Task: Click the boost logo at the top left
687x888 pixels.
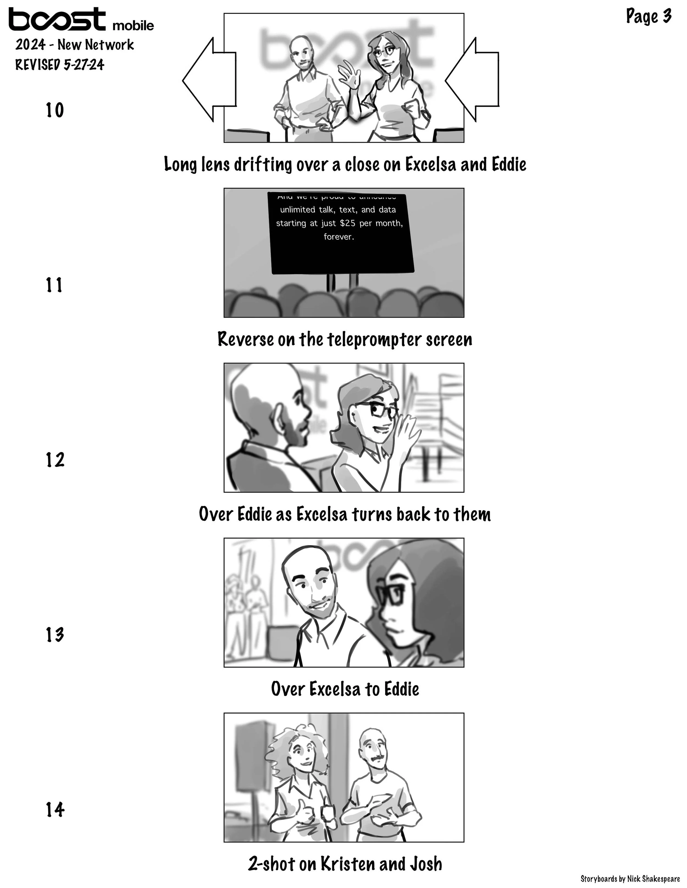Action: [x=57, y=19]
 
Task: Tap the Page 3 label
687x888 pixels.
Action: [x=648, y=16]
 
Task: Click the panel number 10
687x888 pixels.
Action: [x=54, y=110]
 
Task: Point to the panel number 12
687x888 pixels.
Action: [x=54, y=460]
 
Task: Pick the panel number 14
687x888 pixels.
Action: [x=54, y=809]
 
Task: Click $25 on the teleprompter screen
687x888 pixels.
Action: [x=348, y=223]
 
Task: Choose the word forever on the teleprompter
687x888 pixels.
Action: [x=339, y=237]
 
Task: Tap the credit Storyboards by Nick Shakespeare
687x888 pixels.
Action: [x=630, y=879]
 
